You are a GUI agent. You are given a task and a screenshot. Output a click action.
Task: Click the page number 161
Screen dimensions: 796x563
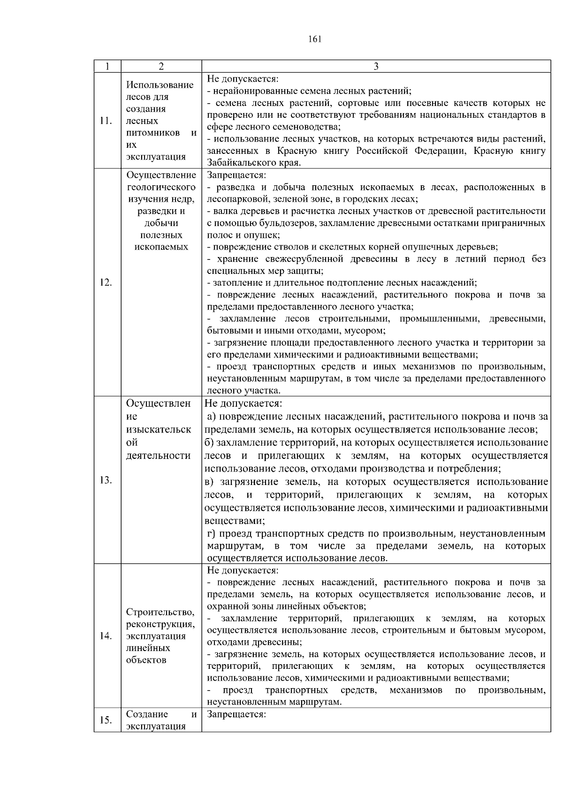pyautogui.click(x=315, y=39)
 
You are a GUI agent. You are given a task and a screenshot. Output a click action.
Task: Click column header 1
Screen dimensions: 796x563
pyautogui.click(x=107, y=67)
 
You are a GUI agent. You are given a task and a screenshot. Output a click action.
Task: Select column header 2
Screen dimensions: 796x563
pyautogui.click(x=161, y=67)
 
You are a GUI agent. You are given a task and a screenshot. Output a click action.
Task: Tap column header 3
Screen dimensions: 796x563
pyautogui.click(x=376, y=67)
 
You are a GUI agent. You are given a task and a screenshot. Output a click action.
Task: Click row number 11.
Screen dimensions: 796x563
pyautogui.click(x=106, y=121)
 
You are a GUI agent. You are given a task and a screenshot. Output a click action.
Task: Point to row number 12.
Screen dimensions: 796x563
pyautogui.click(x=106, y=282)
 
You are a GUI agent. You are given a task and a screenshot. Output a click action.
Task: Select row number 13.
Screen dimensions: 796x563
pyautogui.click(x=106, y=480)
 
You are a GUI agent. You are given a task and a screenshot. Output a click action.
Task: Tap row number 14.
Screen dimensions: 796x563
pyautogui.click(x=106, y=636)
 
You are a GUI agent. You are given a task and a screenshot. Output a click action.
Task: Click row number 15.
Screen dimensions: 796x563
pyautogui.click(x=106, y=720)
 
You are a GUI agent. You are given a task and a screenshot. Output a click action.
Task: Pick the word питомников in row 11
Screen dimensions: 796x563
pyautogui.click(x=152, y=133)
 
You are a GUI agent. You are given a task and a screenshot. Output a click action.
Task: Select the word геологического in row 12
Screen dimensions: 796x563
pyautogui.click(x=161, y=187)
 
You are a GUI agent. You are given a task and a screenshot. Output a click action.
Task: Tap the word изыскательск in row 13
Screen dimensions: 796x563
pyautogui.click(x=159, y=430)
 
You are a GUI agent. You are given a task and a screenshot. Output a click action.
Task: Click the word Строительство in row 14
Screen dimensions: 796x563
pyautogui.click(x=160, y=612)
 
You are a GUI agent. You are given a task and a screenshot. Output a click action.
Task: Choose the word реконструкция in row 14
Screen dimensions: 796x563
pyautogui.click(x=160, y=624)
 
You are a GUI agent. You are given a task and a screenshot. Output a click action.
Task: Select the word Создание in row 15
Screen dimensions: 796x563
pyautogui.click(x=147, y=714)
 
